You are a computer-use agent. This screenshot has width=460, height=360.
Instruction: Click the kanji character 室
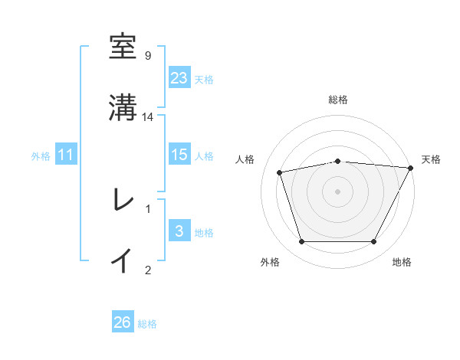[123, 47]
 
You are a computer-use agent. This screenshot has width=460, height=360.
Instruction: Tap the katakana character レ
[123, 200]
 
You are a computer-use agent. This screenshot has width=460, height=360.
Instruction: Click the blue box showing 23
[179, 77]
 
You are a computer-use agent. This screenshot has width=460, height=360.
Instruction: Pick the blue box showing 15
[179, 155]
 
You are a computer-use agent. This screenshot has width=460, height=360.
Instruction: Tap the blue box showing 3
[179, 231]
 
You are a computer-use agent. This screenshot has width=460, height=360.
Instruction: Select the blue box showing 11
[66, 155]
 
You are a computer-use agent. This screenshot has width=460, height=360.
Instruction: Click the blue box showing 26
[123, 322]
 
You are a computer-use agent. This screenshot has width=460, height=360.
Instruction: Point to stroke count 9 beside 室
[148, 55]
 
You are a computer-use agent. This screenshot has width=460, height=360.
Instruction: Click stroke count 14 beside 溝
[148, 116]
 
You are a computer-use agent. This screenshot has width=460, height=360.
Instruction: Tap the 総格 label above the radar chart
[338, 100]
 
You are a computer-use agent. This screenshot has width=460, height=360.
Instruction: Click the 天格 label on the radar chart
[431, 159]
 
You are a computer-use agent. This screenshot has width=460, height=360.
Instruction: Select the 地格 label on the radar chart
[402, 263]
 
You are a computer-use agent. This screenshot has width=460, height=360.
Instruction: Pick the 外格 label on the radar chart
[270, 263]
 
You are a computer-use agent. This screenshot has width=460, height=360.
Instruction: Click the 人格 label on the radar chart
[245, 159]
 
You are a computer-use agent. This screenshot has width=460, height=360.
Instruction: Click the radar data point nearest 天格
[412, 168]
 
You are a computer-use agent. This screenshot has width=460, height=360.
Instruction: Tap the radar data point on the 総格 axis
[337, 161]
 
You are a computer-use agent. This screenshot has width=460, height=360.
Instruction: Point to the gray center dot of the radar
[337, 191]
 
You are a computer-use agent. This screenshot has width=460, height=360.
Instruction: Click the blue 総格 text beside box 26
[147, 324]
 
